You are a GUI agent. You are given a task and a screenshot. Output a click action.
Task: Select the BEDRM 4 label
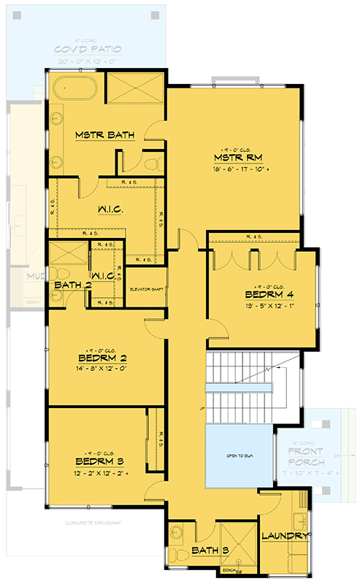click(268, 295)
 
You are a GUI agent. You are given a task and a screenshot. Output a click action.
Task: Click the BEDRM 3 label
click(99, 461)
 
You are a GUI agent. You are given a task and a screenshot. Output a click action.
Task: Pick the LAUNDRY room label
click(285, 536)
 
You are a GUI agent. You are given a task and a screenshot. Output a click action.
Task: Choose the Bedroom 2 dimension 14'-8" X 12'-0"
click(102, 369)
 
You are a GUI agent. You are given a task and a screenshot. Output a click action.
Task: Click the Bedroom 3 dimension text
click(99, 473)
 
